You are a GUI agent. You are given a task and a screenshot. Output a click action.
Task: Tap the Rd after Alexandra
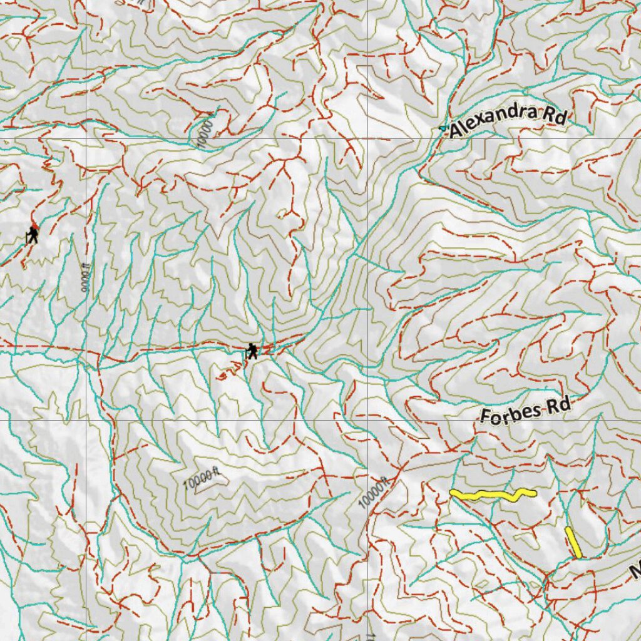point(554,116)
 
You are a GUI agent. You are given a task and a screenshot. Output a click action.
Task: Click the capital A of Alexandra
point(457,130)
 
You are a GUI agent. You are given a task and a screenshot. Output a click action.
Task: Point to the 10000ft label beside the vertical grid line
point(374,492)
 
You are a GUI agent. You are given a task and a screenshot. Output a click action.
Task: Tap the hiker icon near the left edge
point(32,236)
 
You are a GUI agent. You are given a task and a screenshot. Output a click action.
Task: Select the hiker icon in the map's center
point(252,351)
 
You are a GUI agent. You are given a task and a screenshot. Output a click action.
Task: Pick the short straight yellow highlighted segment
point(573,542)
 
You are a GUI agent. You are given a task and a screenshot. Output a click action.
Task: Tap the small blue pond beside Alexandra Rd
point(443,128)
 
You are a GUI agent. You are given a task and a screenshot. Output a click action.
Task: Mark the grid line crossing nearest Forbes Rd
point(367,420)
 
